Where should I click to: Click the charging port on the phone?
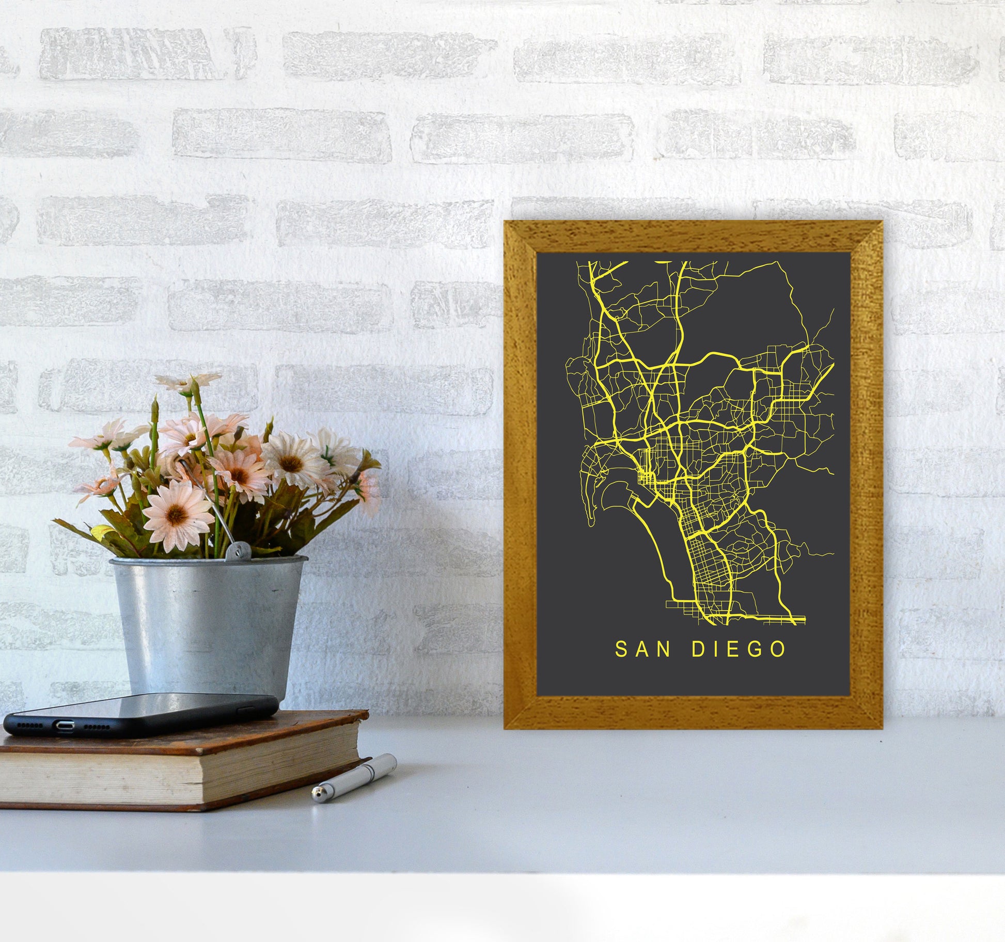[x=64, y=725]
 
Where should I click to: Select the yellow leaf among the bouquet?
[x=101, y=531]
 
